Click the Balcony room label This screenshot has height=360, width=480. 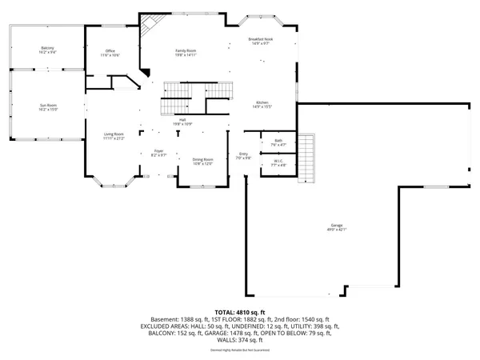point(48,50)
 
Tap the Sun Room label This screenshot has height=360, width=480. point(48,106)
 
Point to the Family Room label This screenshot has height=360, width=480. point(186,53)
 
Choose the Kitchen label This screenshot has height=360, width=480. point(263,105)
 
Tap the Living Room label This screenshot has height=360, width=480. point(114,136)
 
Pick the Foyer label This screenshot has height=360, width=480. point(158,153)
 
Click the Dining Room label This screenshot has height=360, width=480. point(202,161)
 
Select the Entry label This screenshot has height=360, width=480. point(244,156)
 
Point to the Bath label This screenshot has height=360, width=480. point(278,142)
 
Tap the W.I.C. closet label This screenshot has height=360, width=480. point(278,162)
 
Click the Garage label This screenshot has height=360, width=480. point(337,227)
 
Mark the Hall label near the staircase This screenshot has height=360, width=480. point(182,122)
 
